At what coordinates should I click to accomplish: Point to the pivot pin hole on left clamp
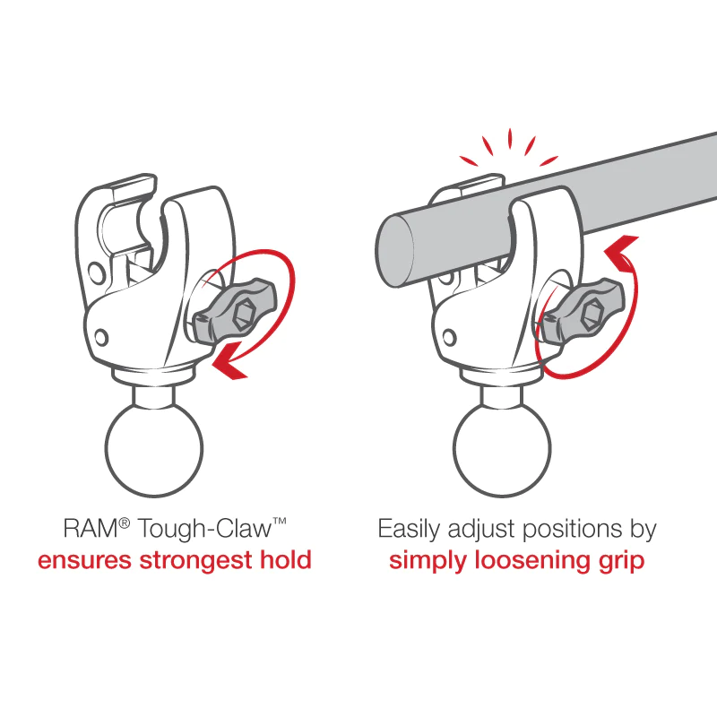coord(102,337)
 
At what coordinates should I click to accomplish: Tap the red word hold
coord(284,561)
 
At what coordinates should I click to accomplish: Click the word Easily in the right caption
coord(409,529)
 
